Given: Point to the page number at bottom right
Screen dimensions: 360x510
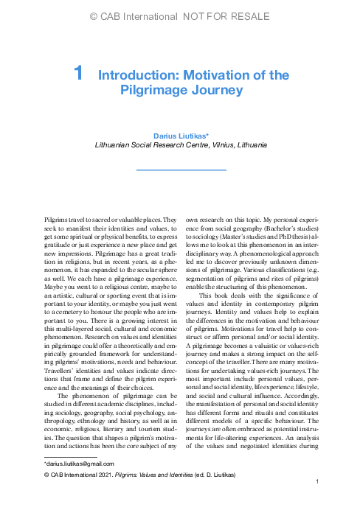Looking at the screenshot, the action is [x=316, y=502].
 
